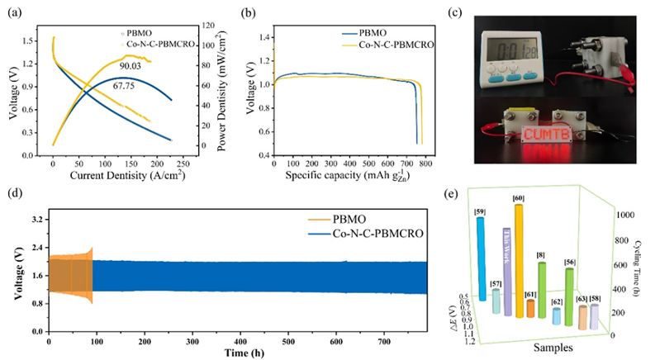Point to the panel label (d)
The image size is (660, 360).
(x=14, y=197)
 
